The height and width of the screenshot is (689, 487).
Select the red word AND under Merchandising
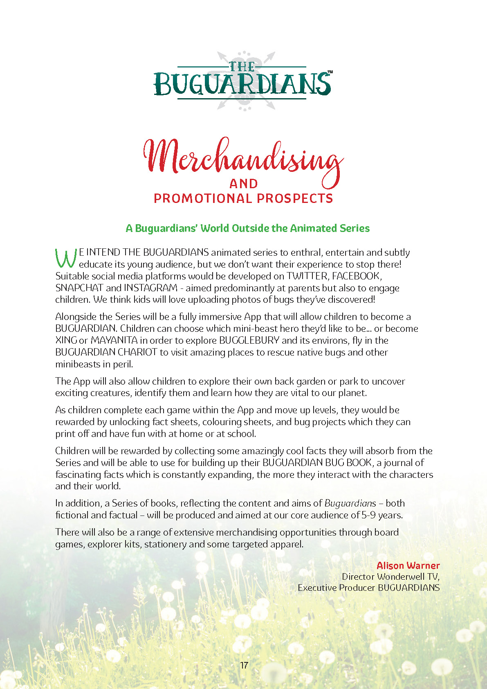(244, 184)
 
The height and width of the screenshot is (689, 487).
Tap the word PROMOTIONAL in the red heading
(202, 198)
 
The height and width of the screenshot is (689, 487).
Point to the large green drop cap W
(66, 258)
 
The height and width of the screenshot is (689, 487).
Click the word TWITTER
(307, 276)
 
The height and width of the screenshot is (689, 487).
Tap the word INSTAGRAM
(150, 288)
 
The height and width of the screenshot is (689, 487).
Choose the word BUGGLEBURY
(249, 340)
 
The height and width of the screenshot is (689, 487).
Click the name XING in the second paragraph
(66, 340)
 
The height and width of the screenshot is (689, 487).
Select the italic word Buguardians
(350, 503)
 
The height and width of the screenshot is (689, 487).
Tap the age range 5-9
(368, 515)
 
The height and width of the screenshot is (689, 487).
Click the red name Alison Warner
(408, 565)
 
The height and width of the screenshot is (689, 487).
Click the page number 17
(244, 665)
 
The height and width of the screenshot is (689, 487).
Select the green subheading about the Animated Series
(247, 228)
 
